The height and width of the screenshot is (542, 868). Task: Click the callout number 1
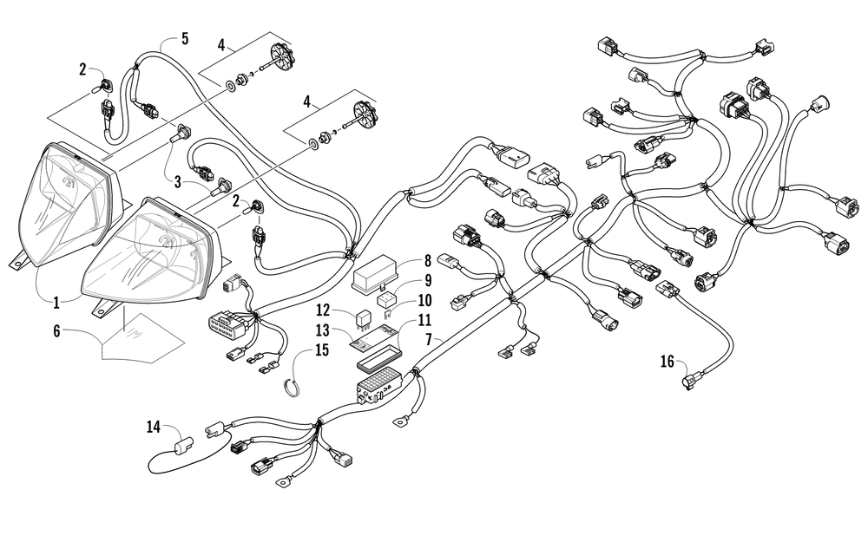[56, 303]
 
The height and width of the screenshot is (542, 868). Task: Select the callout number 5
[184, 39]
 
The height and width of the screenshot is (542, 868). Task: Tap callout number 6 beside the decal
[56, 331]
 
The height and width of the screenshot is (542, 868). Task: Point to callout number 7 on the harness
[429, 340]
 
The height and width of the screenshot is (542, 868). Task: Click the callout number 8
[427, 260]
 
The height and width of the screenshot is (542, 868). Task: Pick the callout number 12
[323, 310]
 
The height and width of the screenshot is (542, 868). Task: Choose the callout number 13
[323, 330]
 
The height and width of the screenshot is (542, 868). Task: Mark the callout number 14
[154, 427]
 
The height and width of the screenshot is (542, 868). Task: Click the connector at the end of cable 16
[689, 382]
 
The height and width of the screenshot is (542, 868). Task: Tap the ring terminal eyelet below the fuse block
[398, 423]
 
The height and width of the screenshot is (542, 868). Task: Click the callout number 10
[425, 300]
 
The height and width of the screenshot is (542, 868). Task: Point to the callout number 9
[427, 280]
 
